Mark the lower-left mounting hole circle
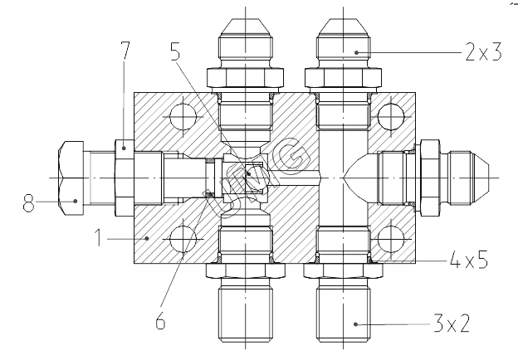click(181, 241)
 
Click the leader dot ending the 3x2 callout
click(357, 323)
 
